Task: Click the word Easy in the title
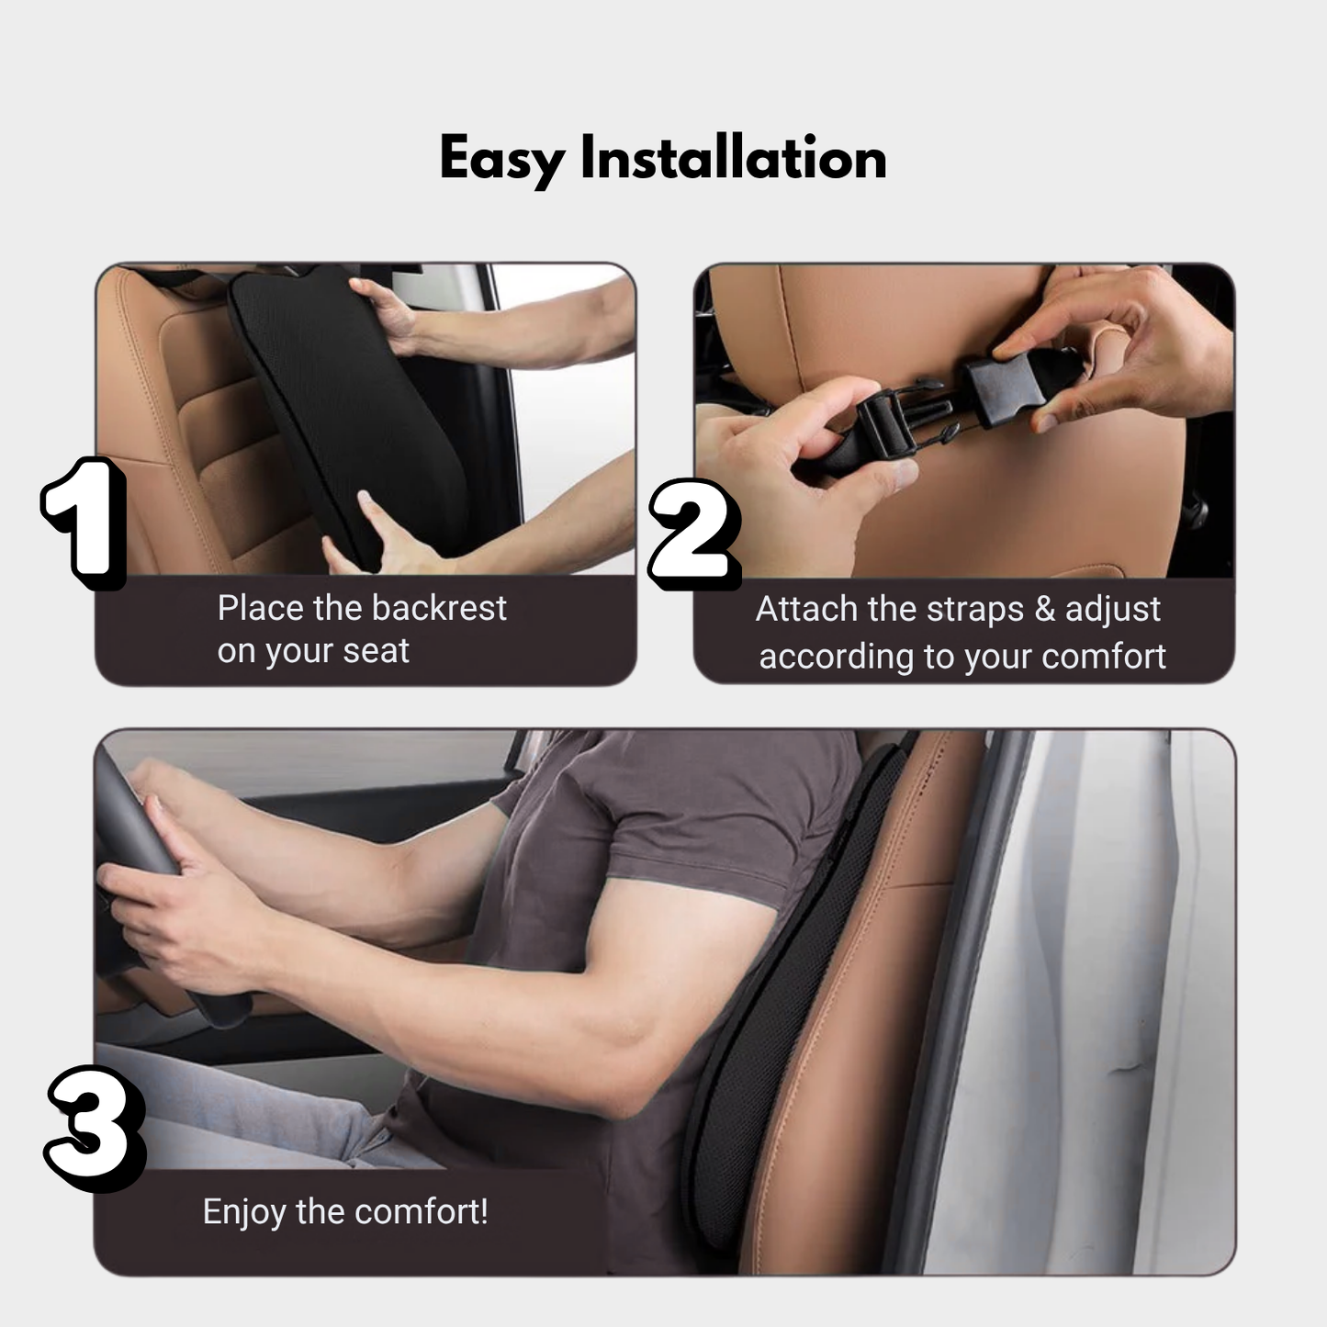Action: tap(501, 160)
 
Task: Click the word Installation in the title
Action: tap(733, 158)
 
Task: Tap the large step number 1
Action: tap(84, 521)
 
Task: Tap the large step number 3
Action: tap(94, 1128)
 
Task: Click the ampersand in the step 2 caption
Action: tap(1045, 610)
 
